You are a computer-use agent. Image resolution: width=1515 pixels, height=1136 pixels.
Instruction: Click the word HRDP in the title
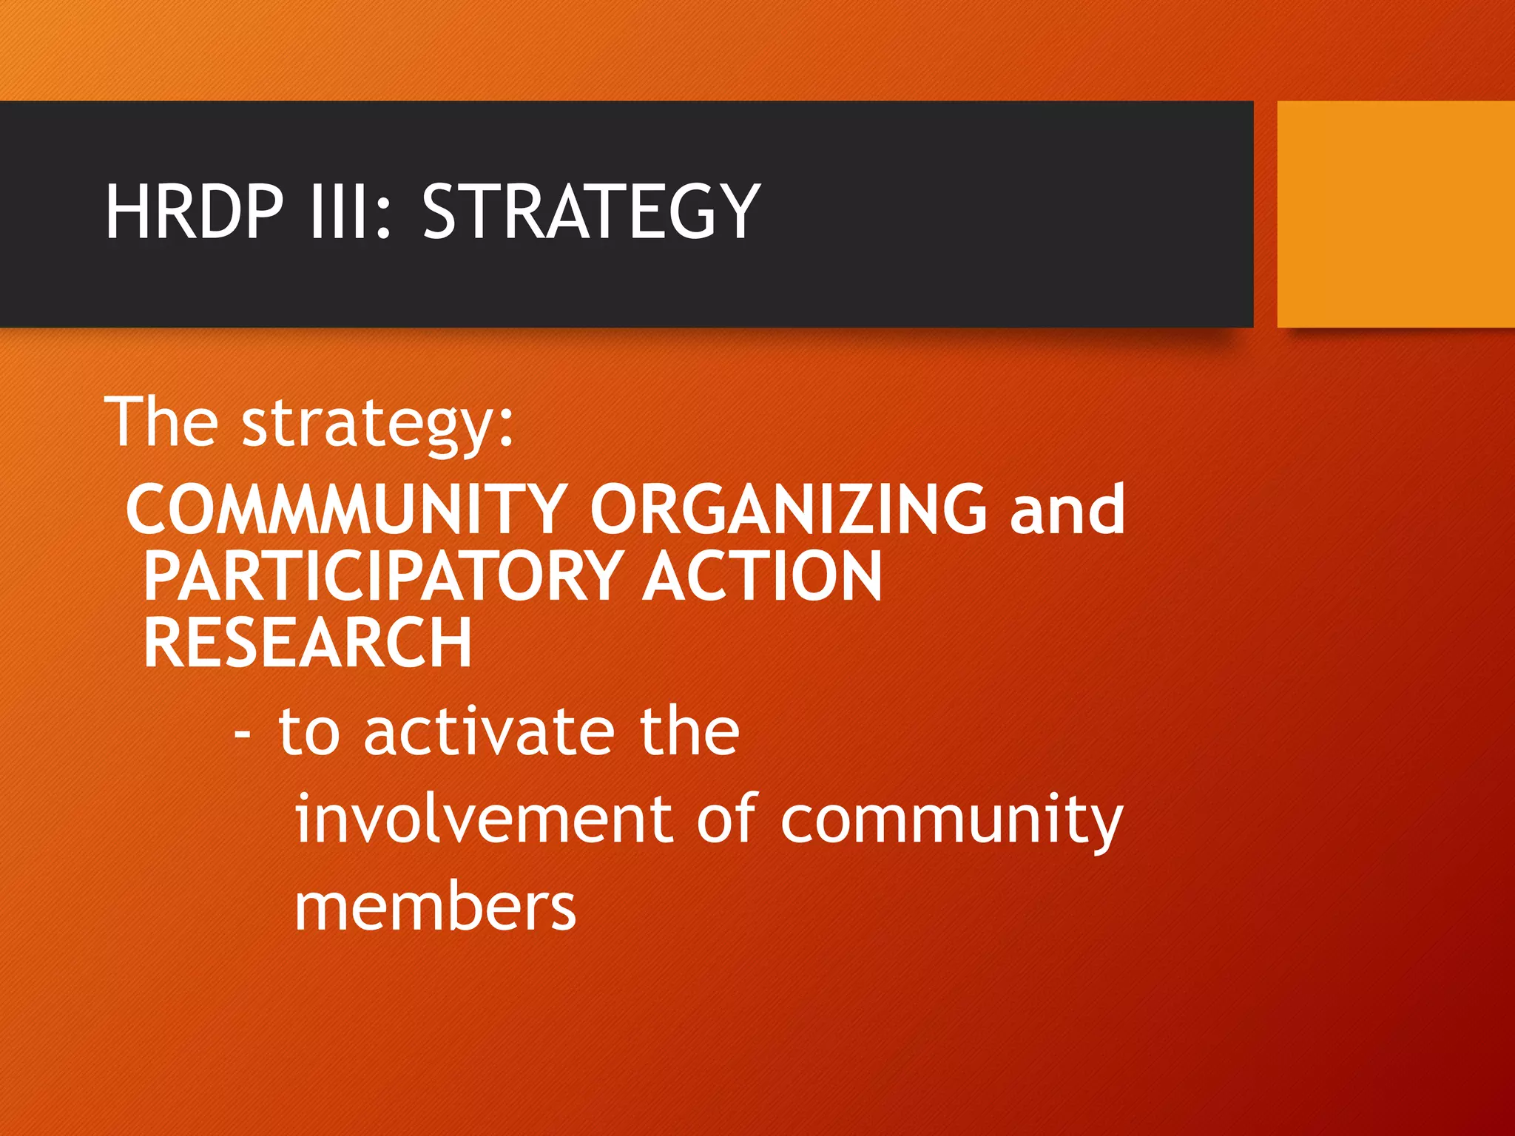[194, 212]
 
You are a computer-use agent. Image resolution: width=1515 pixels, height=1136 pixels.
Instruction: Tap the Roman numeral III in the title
[338, 212]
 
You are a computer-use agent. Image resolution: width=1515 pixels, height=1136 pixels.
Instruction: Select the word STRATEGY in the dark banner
[590, 212]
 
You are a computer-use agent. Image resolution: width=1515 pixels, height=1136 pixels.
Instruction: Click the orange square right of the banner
[1395, 214]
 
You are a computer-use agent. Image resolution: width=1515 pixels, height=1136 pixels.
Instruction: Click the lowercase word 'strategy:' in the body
[377, 426]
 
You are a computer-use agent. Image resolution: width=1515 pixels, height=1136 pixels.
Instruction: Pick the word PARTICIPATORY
[383, 576]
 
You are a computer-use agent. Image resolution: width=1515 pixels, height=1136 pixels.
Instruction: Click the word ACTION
[762, 576]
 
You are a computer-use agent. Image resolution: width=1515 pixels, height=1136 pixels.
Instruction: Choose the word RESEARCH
[308, 643]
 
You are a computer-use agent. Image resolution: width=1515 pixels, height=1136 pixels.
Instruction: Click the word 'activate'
[489, 732]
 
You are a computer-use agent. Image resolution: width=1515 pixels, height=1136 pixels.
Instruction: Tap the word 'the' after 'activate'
[689, 732]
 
